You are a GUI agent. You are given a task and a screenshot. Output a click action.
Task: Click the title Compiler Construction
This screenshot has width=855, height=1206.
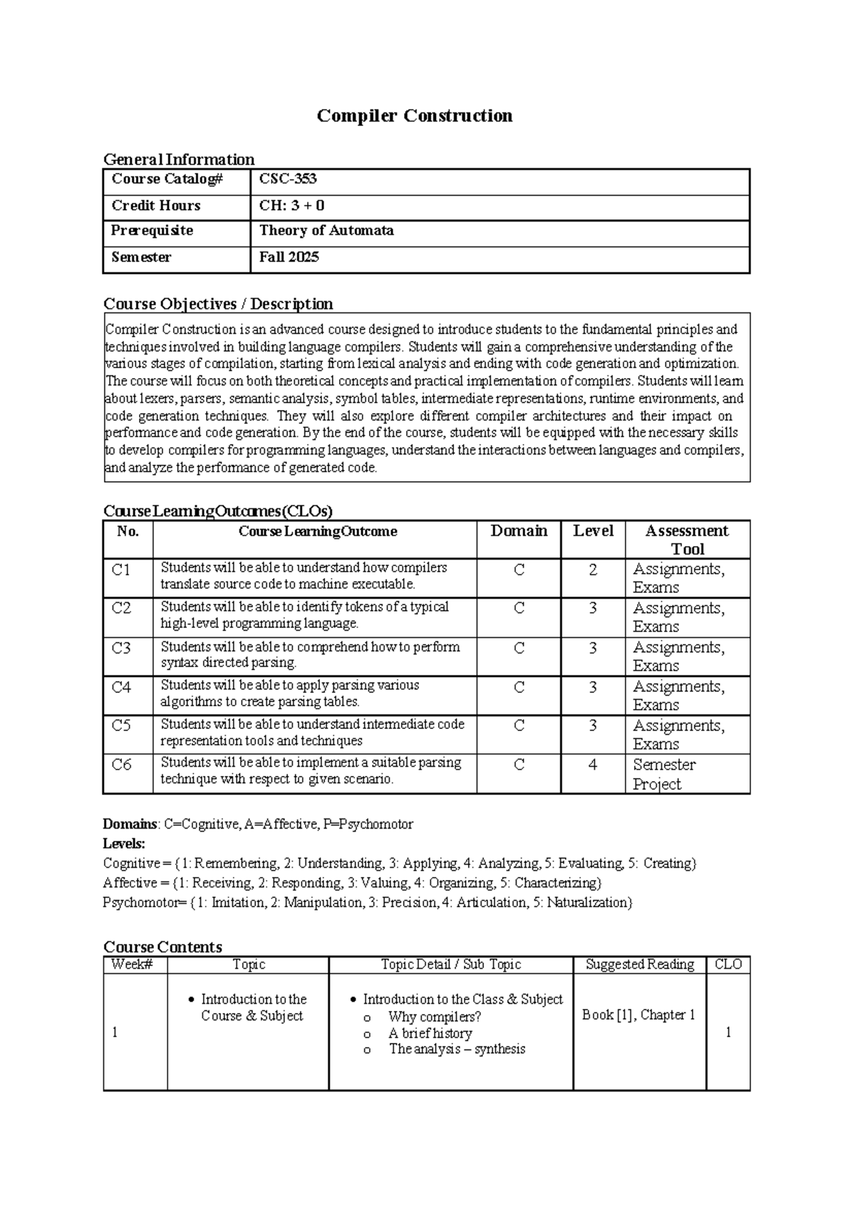pyautogui.click(x=415, y=115)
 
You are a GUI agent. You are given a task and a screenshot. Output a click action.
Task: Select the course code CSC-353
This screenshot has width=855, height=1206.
pyautogui.click(x=288, y=179)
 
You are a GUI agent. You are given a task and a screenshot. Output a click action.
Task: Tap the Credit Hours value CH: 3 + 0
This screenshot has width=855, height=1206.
pyautogui.click(x=291, y=206)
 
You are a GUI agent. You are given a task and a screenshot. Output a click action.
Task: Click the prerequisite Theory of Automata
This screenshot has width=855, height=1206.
pyautogui.click(x=326, y=231)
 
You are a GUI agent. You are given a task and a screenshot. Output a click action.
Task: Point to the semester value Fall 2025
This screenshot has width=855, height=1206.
pyautogui.click(x=289, y=257)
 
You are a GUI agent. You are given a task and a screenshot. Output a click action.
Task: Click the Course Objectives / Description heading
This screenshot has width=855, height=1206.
pyautogui.click(x=218, y=304)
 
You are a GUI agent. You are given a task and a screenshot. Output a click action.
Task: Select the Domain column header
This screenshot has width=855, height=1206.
pyautogui.click(x=519, y=531)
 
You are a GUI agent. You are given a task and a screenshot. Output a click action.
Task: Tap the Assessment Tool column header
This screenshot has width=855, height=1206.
pyautogui.click(x=687, y=540)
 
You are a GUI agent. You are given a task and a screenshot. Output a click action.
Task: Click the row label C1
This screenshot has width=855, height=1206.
pyautogui.click(x=121, y=570)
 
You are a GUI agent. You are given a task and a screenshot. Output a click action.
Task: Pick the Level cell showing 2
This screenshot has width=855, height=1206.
pyautogui.click(x=593, y=570)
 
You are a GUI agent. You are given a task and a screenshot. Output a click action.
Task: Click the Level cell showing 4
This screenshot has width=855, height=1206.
pyautogui.click(x=593, y=765)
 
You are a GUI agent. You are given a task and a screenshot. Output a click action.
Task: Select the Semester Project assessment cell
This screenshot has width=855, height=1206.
pyautogui.click(x=664, y=774)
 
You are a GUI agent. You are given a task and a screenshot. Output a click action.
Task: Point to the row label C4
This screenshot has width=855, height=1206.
pyautogui.click(x=121, y=687)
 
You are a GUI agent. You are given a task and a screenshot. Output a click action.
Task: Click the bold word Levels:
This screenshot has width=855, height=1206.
pyautogui.click(x=124, y=844)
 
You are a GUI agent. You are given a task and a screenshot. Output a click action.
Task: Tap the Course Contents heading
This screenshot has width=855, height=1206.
pyautogui.click(x=162, y=947)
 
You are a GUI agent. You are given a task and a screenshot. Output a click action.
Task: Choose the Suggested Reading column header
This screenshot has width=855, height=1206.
pyautogui.click(x=640, y=965)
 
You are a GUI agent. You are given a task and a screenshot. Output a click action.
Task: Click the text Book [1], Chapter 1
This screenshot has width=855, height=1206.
pyautogui.click(x=638, y=1015)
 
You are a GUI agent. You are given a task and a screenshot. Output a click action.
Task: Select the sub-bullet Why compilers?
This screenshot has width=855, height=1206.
pyautogui.click(x=435, y=1017)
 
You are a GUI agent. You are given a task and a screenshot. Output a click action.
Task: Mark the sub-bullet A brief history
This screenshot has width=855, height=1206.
pyautogui.click(x=430, y=1033)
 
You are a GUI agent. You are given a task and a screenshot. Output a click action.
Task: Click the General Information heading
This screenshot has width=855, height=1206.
pyautogui.click(x=179, y=159)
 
